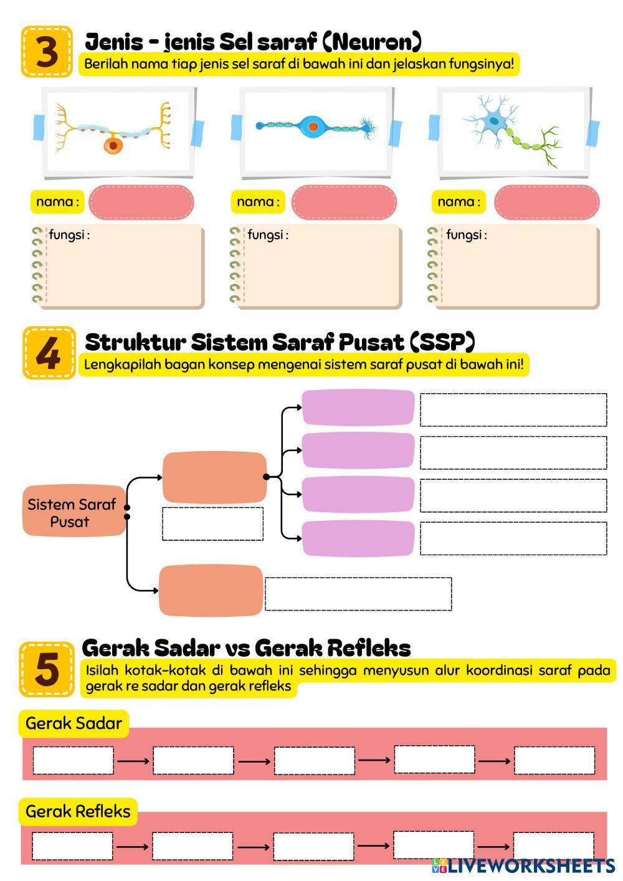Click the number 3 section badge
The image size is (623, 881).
tap(47, 52)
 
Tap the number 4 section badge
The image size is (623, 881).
tap(49, 353)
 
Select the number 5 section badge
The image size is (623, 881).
tap(47, 669)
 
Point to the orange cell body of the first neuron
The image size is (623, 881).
tap(113, 145)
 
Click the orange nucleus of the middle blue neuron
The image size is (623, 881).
tap(313, 126)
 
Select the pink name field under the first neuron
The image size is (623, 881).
tap(141, 202)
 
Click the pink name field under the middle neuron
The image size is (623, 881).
tap(344, 202)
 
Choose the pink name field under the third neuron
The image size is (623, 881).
tap(547, 202)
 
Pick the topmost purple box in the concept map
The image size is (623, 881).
tap(358, 407)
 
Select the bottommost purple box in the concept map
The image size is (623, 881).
tap(358, 538)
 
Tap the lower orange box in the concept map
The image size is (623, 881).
tap(211, 591)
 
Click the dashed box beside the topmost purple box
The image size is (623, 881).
tap(513, 410)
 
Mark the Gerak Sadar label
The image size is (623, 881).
tap(74, 723)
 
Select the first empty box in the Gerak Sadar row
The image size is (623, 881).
tap(73, 760)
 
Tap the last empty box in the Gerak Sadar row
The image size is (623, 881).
tap(554, 760)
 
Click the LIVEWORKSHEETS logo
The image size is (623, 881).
tap(523, 866)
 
